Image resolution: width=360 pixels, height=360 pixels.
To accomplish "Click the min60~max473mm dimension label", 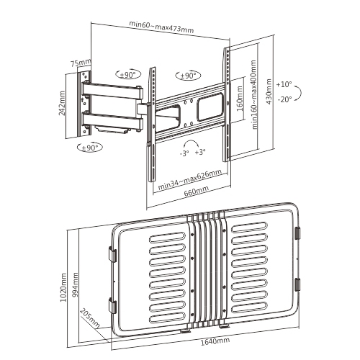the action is pyautogui.click(x=161, y=27).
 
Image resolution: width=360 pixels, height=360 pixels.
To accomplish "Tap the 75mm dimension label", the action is pyautogui.click(x=81, y=63).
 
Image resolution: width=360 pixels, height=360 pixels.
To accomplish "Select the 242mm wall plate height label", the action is pyautogui.click(x=62, y=103).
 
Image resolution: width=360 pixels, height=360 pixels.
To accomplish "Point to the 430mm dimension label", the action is pyautogui.click(x=269, y=91).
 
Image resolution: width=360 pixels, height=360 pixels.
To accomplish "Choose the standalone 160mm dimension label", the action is pyautogui.click(x=240, y=99).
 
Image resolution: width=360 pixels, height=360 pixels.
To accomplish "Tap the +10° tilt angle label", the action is pyautogui.click(x=284, y=84).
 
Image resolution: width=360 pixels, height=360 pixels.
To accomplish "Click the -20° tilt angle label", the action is pyautogui.click(x=284, y=99).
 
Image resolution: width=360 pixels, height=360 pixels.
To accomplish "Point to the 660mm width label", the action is pyautogui.click(x=197, y=192).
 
